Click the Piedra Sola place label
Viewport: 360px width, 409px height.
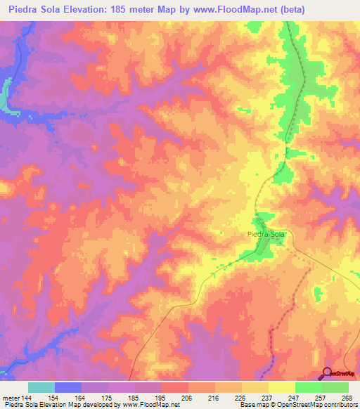pyautogui.click(x=266, y=236)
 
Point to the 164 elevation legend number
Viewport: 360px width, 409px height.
pyautogui.click(x=81, y=398)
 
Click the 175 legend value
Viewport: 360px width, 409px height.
pyautogui.click(x=108, y=398)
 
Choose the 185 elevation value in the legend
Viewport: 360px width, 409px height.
pyautogui.click(x=134, y=398)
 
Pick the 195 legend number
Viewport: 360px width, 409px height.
pyautogui.click(x=161, y=398)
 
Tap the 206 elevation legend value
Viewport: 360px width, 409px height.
pyautogui.click(x=188, y=398)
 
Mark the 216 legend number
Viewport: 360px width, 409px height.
pyautogui.click(x=214, y=398)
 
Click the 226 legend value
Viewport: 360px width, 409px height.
pyautogui.click(x=241, y=398)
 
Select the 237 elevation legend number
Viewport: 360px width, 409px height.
pyautogui.click(x=268, y=398)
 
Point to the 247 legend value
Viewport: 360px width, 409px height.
pyautogui.click(x=295, y=398)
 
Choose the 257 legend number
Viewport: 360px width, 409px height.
pyautogui.click(x=321, y=398)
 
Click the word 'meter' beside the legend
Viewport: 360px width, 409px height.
pyautogui.click(x=11, y=398)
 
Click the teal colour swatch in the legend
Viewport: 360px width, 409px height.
pyautogui.click(x=41, y=387)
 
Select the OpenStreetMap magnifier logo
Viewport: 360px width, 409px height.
pyautogui.click(x=328, y=372)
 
